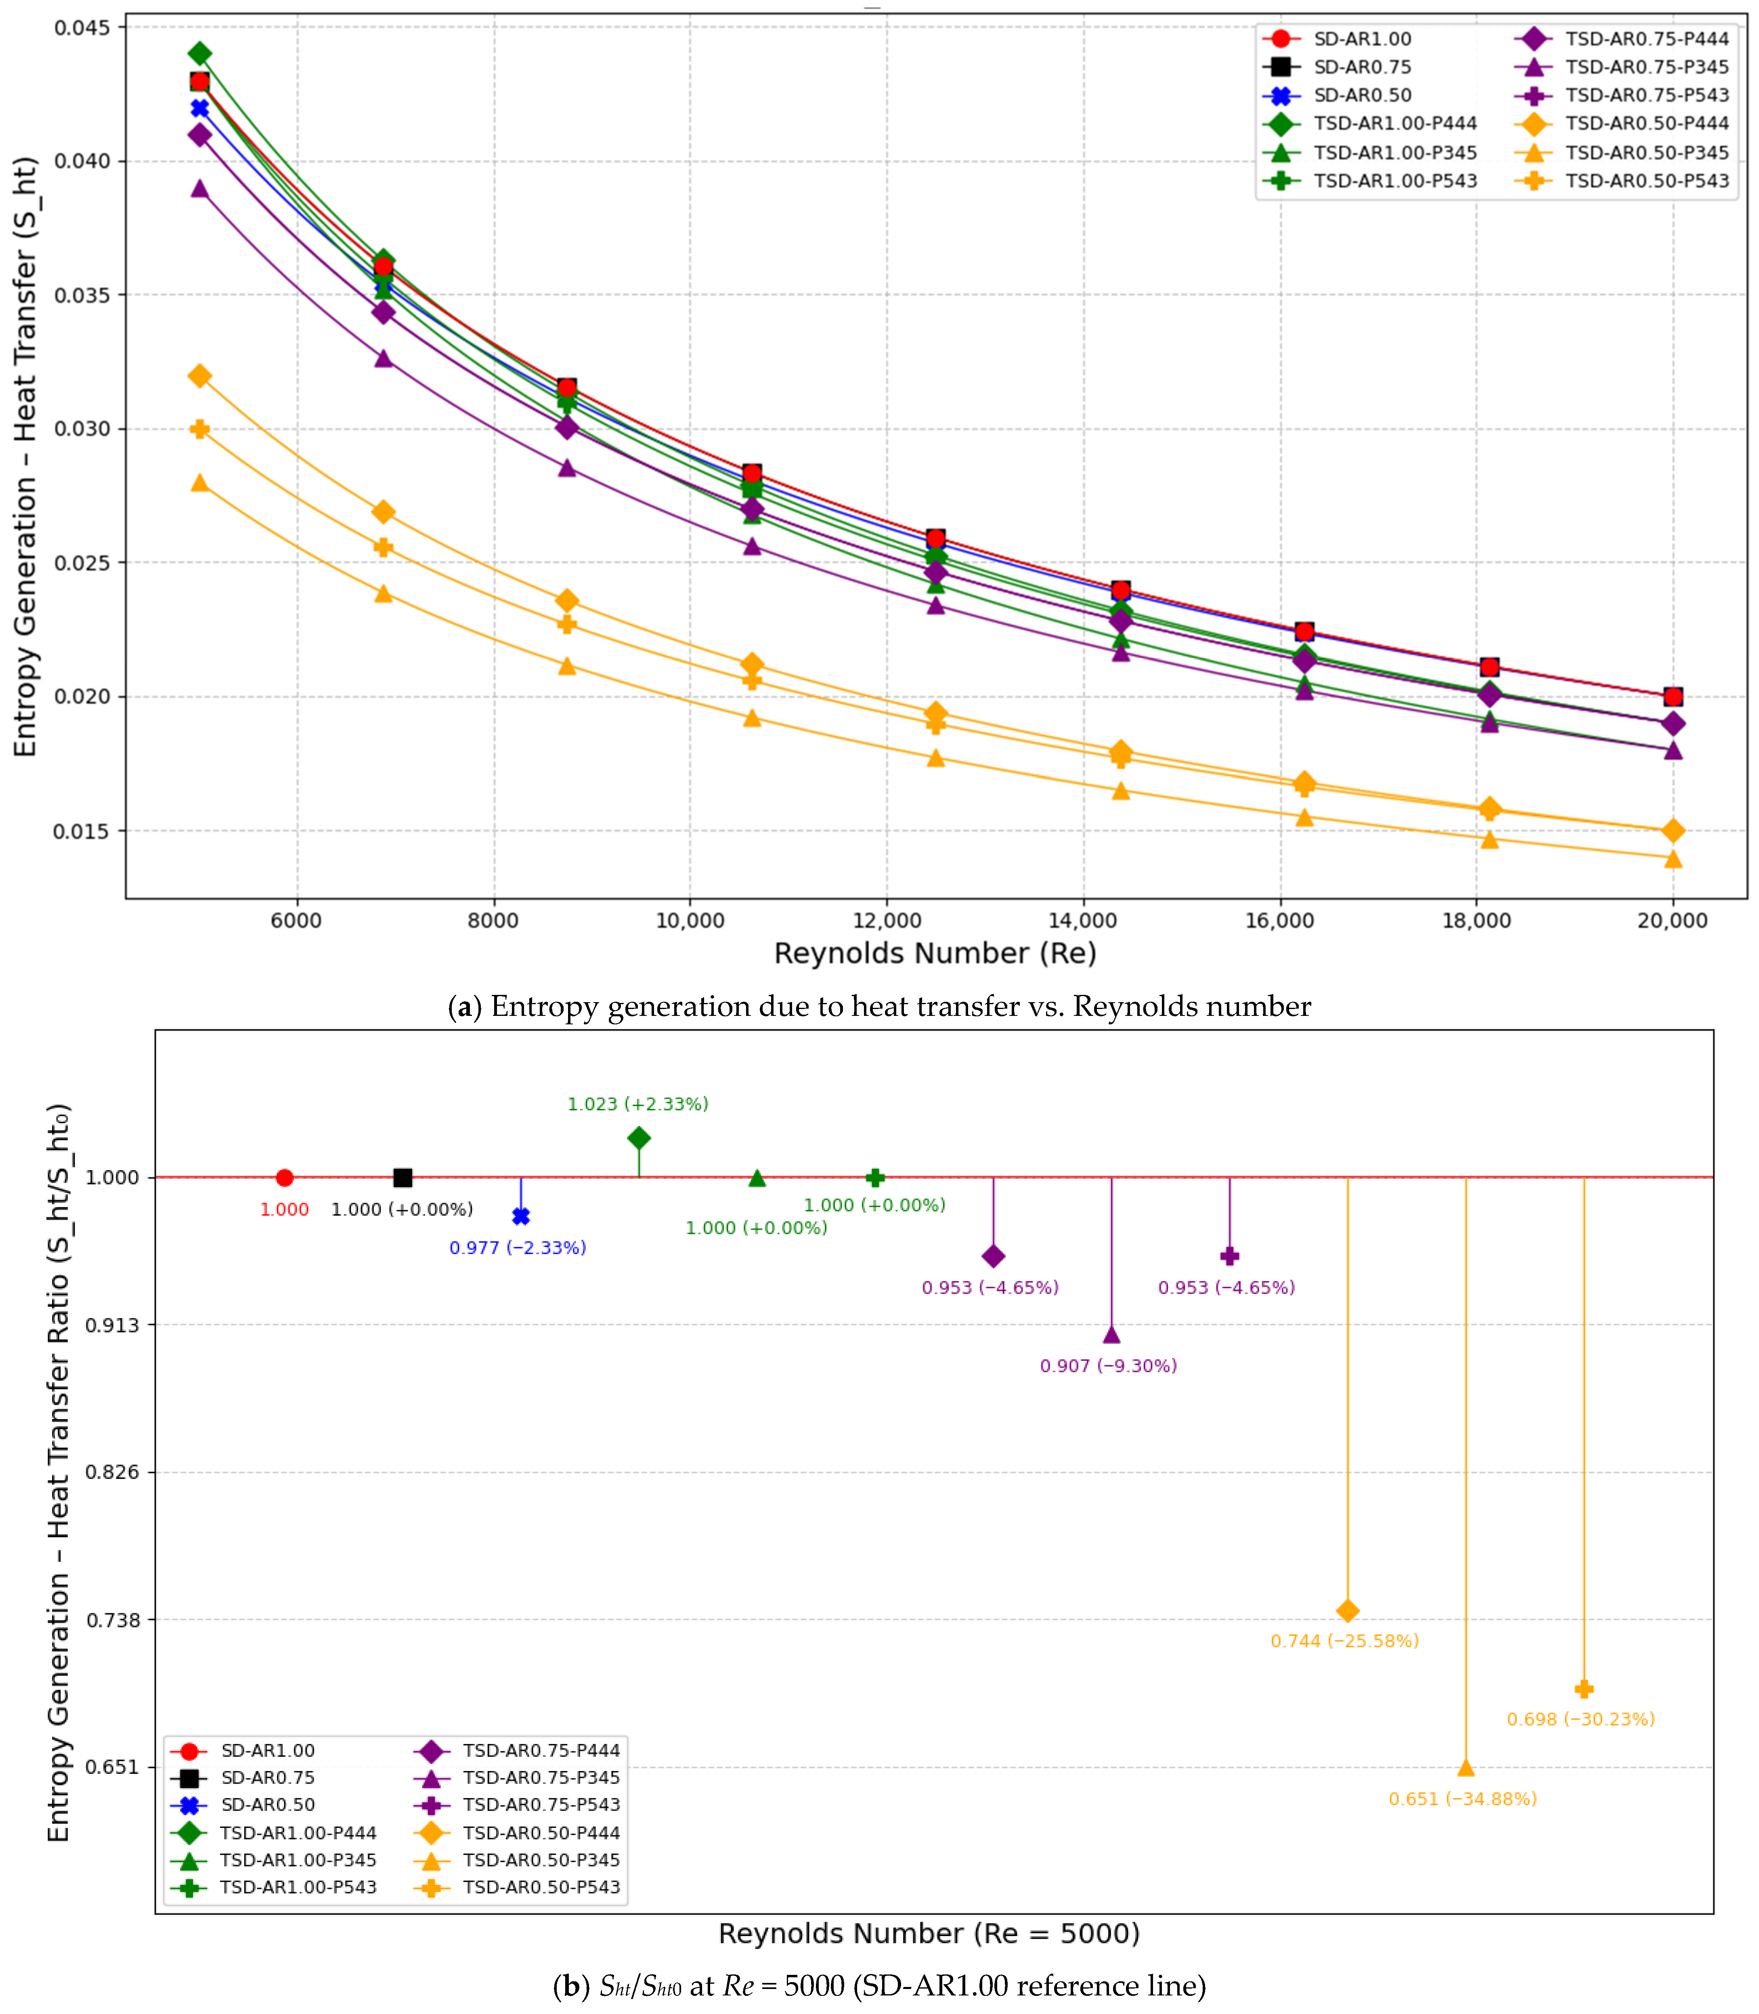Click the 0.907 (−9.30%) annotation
(1108, 1365)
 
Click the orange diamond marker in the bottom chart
(1348, 1611)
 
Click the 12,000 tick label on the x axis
(887, 920)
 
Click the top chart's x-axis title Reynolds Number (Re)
(935, 953)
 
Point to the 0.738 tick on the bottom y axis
(113, 1619)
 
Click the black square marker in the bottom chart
(403, 1177)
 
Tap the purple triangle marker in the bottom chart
(1111, 1334)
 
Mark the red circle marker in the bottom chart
(285, 1177)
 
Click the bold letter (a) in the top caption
(464, 1006)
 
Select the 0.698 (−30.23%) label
(1580, 1719)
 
